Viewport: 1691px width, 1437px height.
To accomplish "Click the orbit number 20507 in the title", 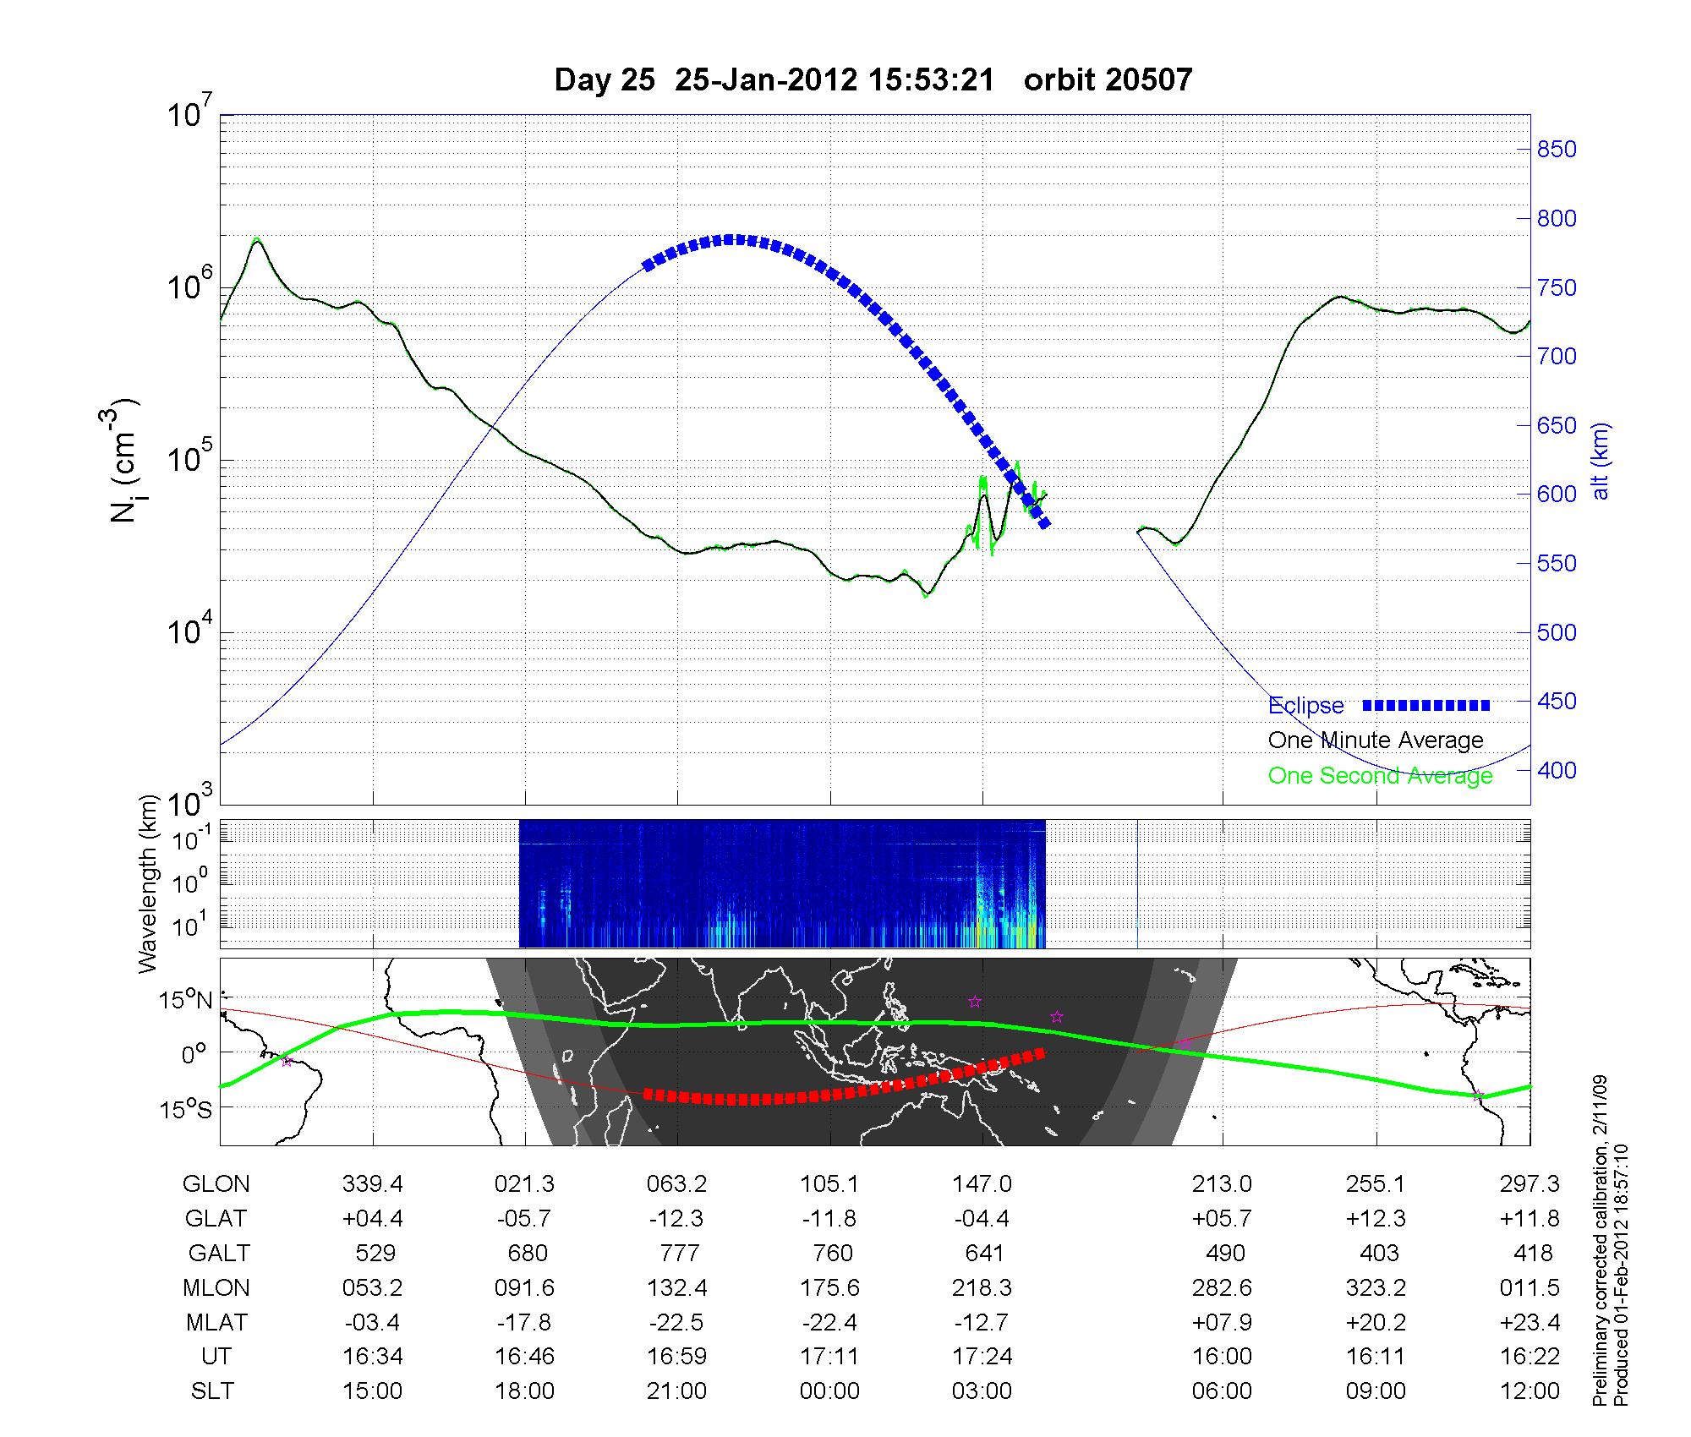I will [x=1152, y=80].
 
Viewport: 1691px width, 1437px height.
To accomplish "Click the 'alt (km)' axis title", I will [x=1601, y=461].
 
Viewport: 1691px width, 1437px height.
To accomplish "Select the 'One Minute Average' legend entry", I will [x=1376, y=740].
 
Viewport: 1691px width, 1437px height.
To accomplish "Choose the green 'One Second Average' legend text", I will [x=1380, y=776].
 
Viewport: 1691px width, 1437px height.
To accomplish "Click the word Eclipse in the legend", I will [x=1305, y=705].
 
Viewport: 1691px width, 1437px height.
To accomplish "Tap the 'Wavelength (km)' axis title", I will [x=149, y=883].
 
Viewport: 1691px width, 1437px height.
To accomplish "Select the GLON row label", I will [x=216, y=1184].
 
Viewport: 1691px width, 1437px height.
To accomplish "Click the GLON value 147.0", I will [x=982, y=1184].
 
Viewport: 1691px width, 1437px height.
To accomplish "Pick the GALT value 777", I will [x=679, y=1253].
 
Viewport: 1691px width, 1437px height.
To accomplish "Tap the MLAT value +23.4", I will [x=1530, y=1322].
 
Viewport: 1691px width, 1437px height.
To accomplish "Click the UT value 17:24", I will [x=982, y=1357].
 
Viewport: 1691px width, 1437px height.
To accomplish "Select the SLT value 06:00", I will [x=1222, y=1391].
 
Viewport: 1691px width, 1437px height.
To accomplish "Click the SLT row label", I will [x=212, y=1391].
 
